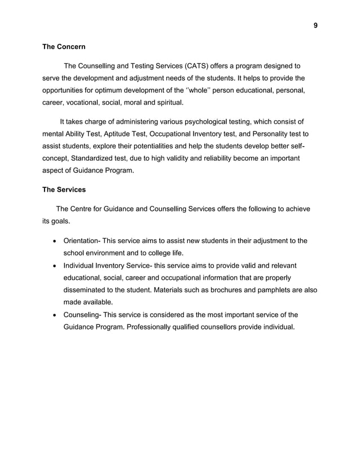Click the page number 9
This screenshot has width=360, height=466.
pyautogui.click(x=315, y=25)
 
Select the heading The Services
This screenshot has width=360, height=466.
pyautogui.click(x=64, y=190)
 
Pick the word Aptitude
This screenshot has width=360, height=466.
pyautogui.click(x=118, y=134)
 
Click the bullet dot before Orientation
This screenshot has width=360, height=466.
pyautogui.click(x=54, y=241)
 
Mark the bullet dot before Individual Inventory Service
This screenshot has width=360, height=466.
pyautogui.click(x=54, y=266)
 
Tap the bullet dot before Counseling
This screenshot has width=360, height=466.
pyautogui.click(x=54, y=315)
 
